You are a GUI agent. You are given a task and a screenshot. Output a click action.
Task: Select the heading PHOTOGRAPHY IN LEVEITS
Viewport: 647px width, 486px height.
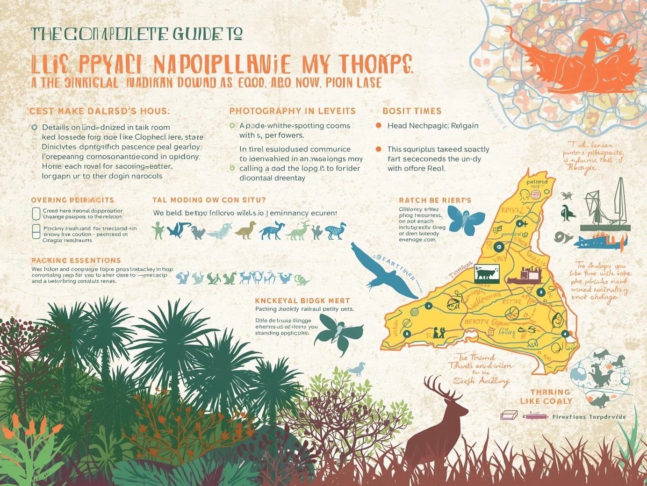coord(292,111)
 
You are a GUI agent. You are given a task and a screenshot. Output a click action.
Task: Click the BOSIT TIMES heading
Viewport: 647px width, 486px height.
coord(412,111)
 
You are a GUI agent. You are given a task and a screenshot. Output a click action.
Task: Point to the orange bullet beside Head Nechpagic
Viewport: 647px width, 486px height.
coord(379,126)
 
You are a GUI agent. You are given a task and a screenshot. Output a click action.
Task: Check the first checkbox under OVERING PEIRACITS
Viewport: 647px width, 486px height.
coord(36,214)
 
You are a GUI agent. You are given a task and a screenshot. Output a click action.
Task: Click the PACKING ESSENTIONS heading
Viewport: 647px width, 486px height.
coord(76,260)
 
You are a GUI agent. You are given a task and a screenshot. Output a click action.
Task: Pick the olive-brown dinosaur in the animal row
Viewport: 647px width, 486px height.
coord(246,230)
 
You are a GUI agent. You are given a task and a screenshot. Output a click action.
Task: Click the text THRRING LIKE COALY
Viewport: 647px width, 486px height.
coord(546,397)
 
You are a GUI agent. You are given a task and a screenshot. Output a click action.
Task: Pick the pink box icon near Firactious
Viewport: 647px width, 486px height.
coord(509,415)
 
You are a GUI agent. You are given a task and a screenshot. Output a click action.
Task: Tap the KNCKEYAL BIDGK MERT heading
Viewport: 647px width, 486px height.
coord(302,300)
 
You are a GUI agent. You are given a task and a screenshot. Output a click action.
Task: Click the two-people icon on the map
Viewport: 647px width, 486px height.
coord(439,332)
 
